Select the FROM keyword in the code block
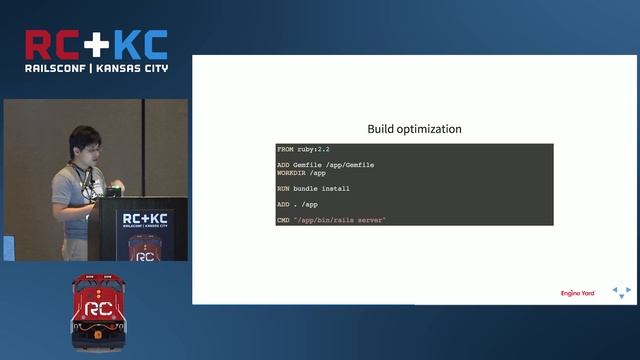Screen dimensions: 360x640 [287, 149]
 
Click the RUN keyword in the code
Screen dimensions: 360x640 [284, 188]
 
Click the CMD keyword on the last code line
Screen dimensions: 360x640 [284, 219]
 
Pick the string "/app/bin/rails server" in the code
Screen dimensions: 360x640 [340, 219]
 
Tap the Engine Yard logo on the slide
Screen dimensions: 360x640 [577, 293]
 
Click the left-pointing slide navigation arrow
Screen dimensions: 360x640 [615, 291]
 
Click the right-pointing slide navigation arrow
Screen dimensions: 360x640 [628, 291]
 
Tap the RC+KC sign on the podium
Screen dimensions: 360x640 [145, 221]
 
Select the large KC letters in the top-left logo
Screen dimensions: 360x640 [139, 45]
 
